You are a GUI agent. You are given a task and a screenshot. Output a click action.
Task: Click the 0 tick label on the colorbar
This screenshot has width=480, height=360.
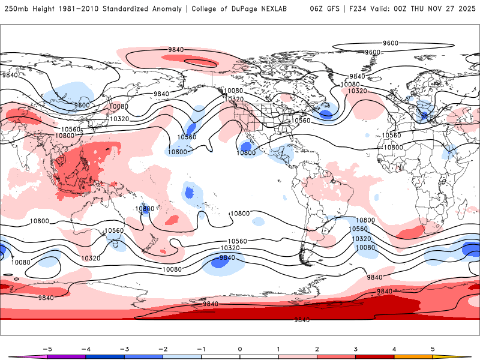point(240,349)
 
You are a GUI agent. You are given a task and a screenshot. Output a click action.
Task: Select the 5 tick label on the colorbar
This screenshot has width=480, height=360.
point(433,349)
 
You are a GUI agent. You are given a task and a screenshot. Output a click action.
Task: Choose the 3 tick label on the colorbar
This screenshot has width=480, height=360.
point(356,349)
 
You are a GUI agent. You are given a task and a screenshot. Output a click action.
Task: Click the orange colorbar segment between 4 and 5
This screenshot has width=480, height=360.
point(413,357)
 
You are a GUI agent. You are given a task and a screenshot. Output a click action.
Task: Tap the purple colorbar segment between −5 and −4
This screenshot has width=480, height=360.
point(66,357)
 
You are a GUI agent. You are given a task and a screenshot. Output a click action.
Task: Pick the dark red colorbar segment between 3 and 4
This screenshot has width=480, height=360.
point(375,357)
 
